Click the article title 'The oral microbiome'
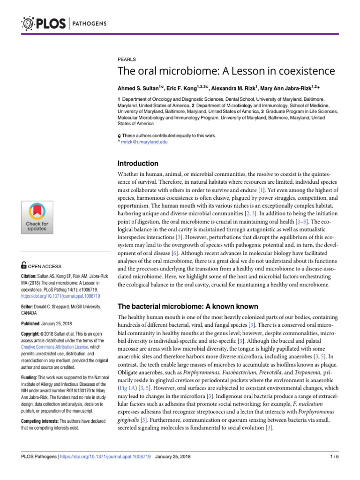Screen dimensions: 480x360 pyautogui.click(x=226, y=71)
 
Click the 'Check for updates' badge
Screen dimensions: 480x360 pyautogui.click(x=37, y=217)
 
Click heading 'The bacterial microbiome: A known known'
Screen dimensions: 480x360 pyautogui.click(x=187, y=306)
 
